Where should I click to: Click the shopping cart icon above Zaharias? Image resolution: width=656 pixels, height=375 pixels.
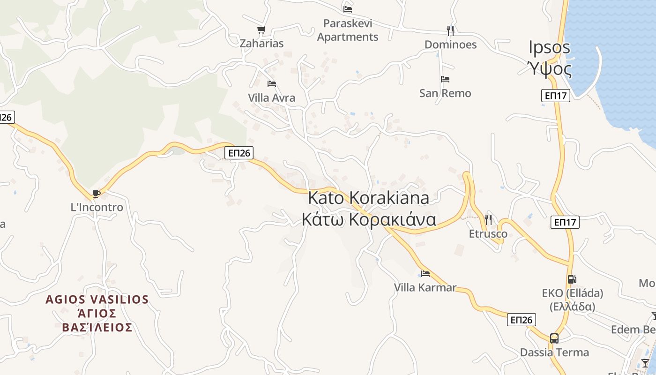tap(261, 30)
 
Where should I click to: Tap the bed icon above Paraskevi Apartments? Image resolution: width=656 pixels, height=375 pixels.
tap(348, 9)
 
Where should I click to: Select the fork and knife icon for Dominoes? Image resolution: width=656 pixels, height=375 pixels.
tap(450, 31)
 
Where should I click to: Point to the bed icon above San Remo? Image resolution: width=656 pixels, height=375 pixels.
tap(445, 79)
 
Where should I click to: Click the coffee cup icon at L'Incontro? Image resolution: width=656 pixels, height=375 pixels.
tap(97, 194)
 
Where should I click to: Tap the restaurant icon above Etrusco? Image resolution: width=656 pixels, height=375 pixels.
tap(488, 219)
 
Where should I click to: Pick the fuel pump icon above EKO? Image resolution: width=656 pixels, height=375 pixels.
tap(572, 279)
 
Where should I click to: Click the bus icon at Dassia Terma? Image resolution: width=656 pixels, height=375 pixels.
tap(554, 338)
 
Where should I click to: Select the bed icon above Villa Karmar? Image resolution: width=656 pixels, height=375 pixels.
tap(425, 273)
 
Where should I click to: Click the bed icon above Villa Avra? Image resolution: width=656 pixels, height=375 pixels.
tap(272, 84)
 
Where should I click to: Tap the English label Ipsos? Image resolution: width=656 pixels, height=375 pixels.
tap(550, 47)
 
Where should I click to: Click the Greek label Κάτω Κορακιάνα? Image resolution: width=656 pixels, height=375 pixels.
tap(369, 219)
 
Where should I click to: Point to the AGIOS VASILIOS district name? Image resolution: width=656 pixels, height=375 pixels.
tap(97, 300)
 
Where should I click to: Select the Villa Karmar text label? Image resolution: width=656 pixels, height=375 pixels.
tap(425, 287)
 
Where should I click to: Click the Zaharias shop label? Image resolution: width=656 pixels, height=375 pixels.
tap(261, 44)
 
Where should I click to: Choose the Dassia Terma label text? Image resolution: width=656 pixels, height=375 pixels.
tap(554, 352)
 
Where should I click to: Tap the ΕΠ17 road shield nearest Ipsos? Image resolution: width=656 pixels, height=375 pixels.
tap(556, 96)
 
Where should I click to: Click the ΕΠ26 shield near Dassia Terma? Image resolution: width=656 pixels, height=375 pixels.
tap(522, 320)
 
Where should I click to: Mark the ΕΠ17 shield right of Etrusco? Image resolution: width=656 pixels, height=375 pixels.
tap(566, 222)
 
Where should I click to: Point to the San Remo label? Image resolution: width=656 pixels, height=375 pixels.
tap(445, 93)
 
